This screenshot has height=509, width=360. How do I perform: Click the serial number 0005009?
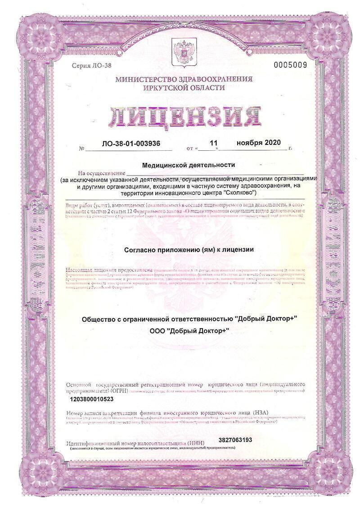tap(290, 65)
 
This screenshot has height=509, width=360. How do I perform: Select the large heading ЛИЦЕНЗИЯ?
tap(184, 117)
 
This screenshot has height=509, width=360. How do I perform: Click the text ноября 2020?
tap(258, 143)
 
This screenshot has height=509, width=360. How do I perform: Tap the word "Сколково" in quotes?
tap(239, 192)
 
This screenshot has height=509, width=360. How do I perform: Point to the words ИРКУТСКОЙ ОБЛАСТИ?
tap(184, 88)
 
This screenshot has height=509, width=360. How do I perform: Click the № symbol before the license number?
tap(81, 148)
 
